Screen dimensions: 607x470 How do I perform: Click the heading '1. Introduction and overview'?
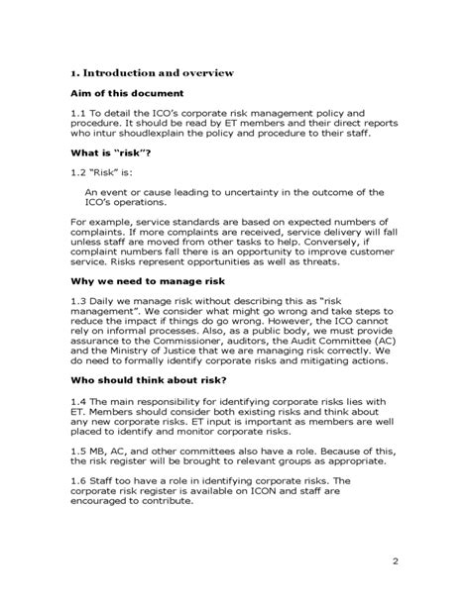[x=151, y=72]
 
